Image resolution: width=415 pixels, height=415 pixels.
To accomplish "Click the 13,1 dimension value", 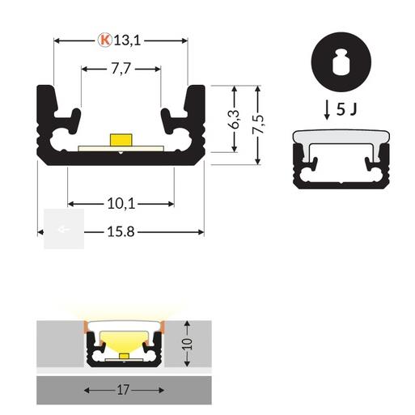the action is coord(128,40).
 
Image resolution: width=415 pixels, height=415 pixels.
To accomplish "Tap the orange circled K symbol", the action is coord(104,40).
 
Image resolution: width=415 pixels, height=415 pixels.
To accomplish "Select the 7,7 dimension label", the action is coord(121,69).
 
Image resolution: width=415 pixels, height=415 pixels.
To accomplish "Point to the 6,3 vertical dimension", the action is coord(235,119).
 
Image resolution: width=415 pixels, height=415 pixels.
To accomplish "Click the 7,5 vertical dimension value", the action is coord(258,125).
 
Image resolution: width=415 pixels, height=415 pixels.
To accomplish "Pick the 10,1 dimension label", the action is coord(121,204).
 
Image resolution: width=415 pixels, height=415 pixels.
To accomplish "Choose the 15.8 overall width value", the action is coord(121,232).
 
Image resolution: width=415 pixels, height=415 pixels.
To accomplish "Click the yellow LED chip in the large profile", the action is coord(121,140).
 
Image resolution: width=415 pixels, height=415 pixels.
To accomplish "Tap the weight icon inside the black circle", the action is coord(341,62).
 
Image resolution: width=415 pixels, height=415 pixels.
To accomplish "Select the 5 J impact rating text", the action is coord(347,109).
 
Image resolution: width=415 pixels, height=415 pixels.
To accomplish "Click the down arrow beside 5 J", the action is coord(327,110).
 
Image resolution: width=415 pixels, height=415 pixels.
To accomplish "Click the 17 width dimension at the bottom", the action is coord(123,390).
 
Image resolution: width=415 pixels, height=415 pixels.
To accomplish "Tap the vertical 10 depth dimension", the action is coord(187,344).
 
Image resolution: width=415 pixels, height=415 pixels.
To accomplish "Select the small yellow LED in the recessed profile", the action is coord(124,356).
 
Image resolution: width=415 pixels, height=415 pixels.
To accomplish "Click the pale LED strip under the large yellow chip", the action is coord(121,149).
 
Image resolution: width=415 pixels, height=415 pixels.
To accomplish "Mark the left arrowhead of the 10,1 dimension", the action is coord(70,204).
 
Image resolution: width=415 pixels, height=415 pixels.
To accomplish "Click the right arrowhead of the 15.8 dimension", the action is coord(201,232).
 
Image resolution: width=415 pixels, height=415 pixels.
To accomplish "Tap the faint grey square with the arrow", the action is coord(64,229).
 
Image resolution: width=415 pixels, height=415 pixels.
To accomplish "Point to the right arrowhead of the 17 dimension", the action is coord(161,390).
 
